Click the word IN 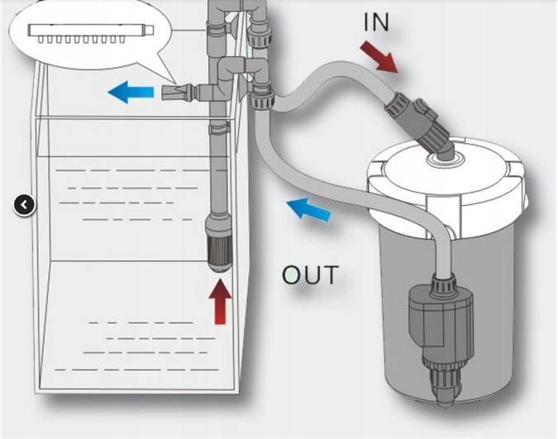click(x=376, y=22)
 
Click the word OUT click(x=310, y=275)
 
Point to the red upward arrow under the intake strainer click(x=219, y=301)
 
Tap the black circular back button click(x=25, y=204)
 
